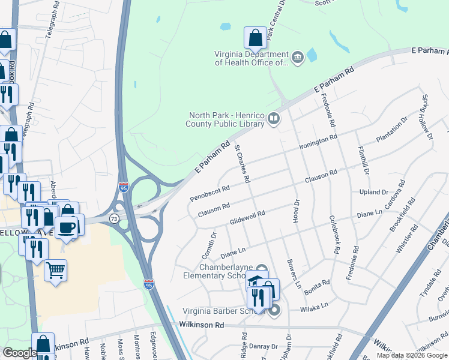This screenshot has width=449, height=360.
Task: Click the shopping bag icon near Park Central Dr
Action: [255, 38]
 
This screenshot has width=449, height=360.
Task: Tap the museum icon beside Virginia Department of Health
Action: [297, 58]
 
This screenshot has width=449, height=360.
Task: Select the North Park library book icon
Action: [274, 119]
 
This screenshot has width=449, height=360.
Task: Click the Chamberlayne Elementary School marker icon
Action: [261, 269]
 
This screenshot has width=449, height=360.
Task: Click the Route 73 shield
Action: [113, 219]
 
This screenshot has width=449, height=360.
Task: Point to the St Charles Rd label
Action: [242, 163]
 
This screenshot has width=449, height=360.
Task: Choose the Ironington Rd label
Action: [318, 143]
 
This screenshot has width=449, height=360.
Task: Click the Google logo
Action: [19, 352]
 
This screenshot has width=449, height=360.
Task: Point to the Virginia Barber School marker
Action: [274, 310]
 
